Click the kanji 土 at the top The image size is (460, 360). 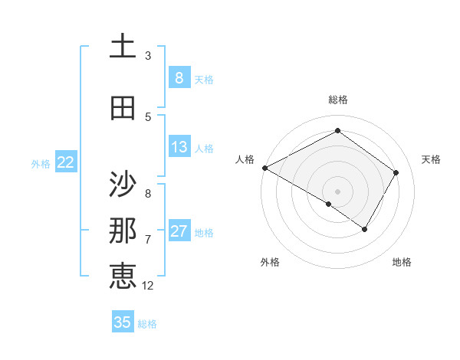tap(123, 47)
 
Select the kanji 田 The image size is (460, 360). tap(123, 108)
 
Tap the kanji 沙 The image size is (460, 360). tap(123, 185)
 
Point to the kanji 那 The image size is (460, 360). tap(123, 231)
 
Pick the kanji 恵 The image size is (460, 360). tap(123, 276)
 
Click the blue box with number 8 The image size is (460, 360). tap(179, 77)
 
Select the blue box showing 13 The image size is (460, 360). tap(179, 147)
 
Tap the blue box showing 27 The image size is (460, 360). tap(179, 231)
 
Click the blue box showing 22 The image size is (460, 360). tap(66, 162)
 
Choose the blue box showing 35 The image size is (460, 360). tap(123, 322)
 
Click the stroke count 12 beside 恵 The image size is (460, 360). tap(148, 285)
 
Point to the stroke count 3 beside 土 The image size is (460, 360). tap(148, 55)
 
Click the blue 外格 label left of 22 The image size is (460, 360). tap(41, 163)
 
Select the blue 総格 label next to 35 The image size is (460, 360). tap(147, 324)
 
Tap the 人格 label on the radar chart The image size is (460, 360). tap(245, 159)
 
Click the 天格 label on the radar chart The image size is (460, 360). tap(431, 159)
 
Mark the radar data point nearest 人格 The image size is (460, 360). tap(264, 168)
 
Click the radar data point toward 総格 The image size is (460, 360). tap(337, 131)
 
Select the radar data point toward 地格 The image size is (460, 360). tap(365, 229)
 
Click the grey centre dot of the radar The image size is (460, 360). tap(337, 191)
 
